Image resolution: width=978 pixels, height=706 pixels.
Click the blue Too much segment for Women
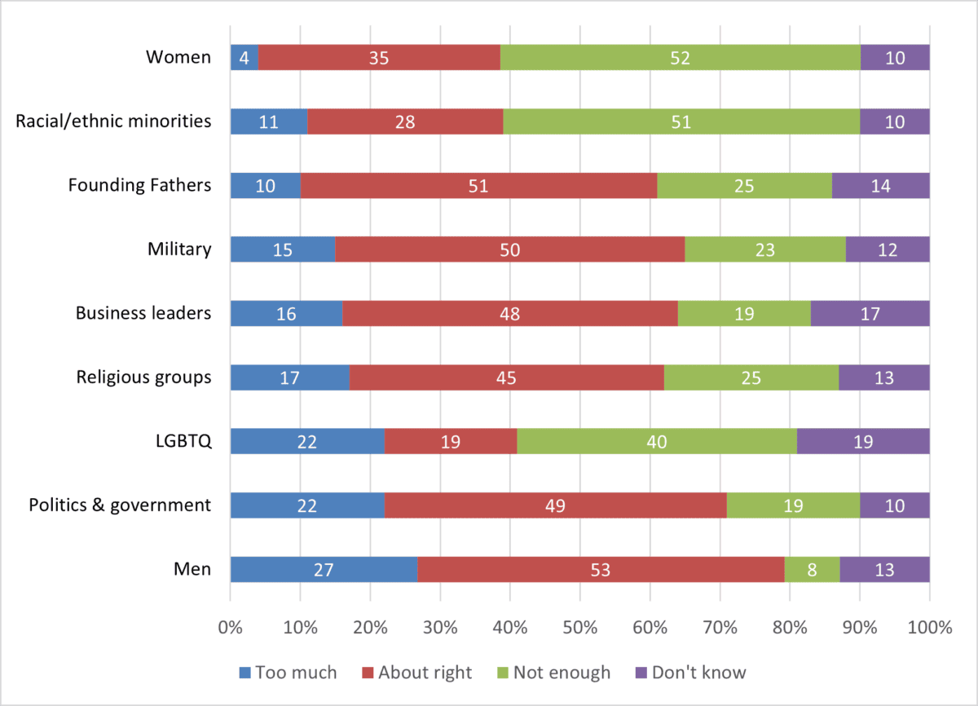click(244, 58)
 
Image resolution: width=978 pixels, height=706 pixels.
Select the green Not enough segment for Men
click(812, 570)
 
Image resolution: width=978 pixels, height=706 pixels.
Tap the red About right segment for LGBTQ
click(451, 442)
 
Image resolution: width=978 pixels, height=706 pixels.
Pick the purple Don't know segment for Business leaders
click(870, 314)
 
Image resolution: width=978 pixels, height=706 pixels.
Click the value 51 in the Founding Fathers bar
click(478, 186)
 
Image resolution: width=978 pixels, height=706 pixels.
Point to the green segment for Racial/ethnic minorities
click(681, 122)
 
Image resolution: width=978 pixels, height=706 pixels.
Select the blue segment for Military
click(283, 250)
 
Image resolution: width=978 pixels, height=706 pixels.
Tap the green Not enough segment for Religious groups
click(751, 378)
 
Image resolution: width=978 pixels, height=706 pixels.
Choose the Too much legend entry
click(288, 673)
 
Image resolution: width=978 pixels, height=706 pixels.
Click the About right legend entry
click(424, 673)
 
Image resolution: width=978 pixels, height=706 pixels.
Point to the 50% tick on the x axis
click(579, 628)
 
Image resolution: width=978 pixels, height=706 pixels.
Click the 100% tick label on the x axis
click(929, 628)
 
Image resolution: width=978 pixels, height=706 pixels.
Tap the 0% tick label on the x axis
click(231, 628)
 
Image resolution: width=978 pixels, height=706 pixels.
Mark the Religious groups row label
click(143, 378)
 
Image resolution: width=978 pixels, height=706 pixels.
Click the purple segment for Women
click(895, 58)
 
